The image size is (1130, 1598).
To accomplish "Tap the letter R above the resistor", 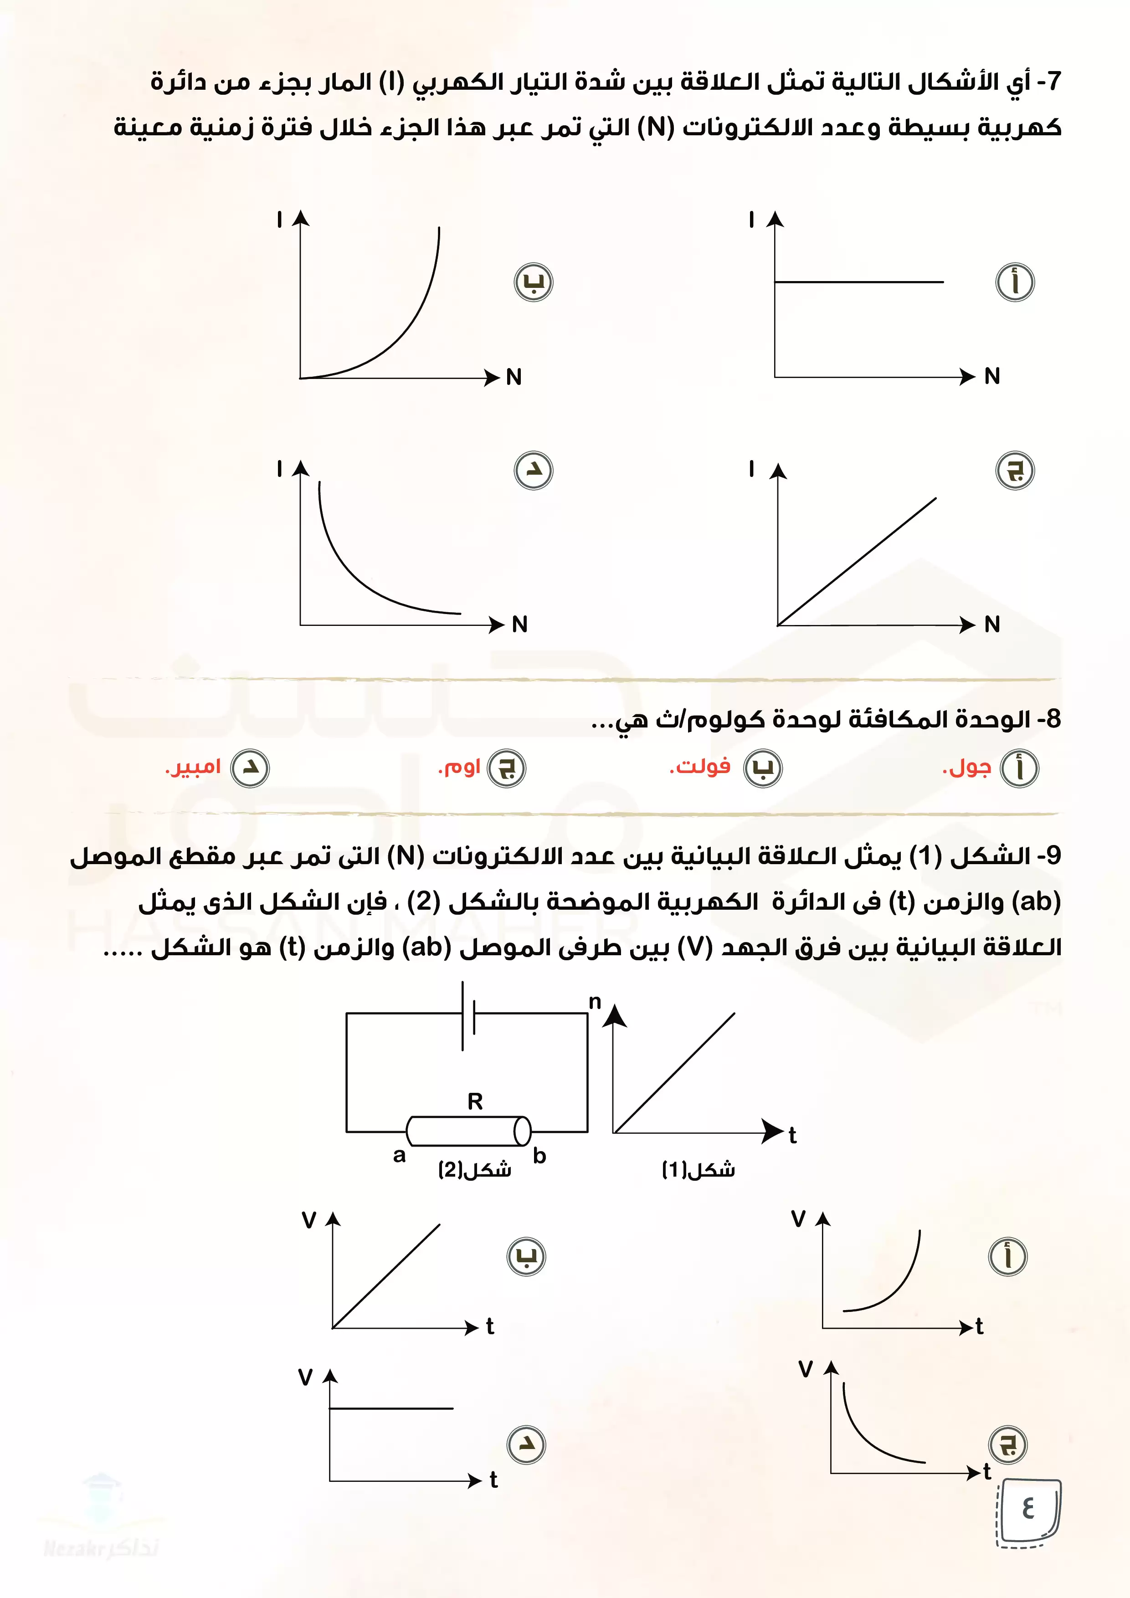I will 475,1101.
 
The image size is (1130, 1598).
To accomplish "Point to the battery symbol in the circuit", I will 468,1017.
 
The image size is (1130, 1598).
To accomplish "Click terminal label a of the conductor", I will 399,1155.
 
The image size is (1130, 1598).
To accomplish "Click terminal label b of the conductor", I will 539,1156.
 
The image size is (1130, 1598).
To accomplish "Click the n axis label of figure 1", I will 595,1002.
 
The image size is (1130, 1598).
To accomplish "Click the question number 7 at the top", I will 1053,82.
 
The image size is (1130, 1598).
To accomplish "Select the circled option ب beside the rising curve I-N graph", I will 533,282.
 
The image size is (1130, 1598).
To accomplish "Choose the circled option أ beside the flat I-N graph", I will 1015,282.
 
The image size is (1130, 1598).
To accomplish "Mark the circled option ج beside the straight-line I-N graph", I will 1015,471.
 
